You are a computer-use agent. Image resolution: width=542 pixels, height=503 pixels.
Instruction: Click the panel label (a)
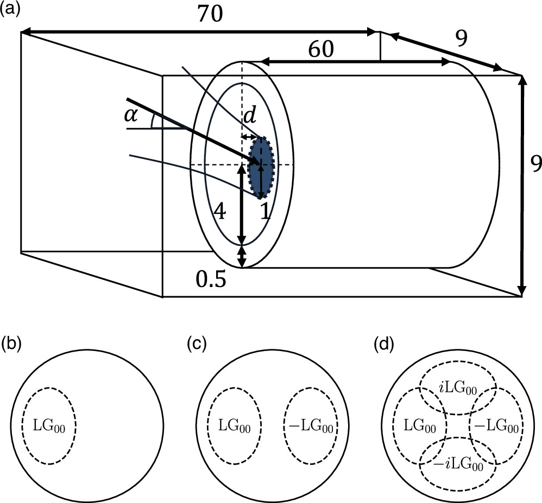click(x=11, y=9)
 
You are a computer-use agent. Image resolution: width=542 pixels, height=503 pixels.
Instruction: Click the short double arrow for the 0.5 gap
click(x=242, y=257)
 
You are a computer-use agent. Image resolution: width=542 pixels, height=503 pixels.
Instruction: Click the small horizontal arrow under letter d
click(x=251, y=136)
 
